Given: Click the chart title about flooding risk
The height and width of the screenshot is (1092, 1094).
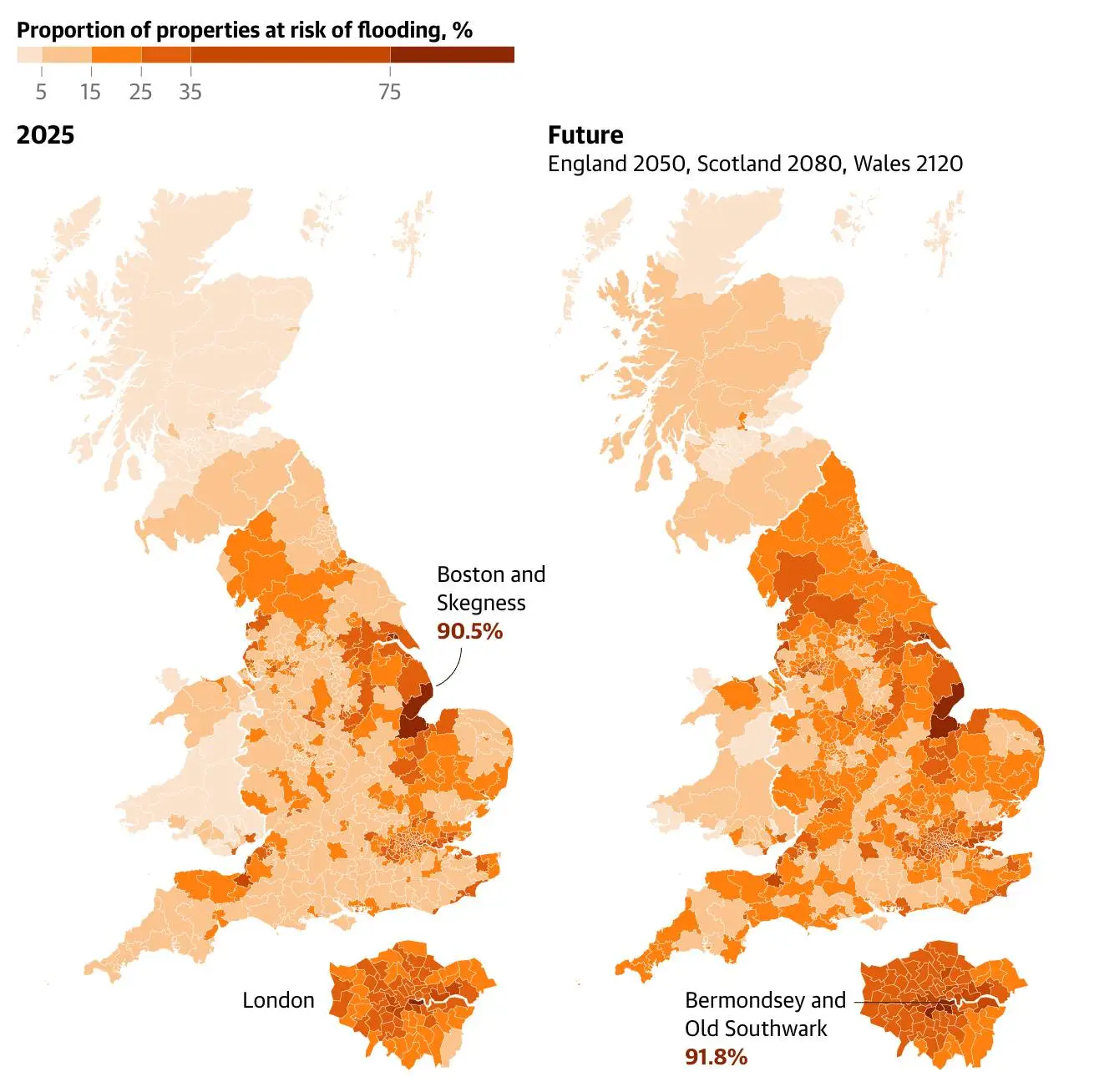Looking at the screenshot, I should [244, 31].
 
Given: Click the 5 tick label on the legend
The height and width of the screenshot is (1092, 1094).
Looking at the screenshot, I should [41, 92].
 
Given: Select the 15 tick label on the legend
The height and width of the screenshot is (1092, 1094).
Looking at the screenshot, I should [90, 92].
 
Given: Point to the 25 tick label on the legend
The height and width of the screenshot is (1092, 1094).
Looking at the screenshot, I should [140, 92].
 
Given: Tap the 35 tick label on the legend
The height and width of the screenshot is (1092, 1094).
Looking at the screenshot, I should [190, 92].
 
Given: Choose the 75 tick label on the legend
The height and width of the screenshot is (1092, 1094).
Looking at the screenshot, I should [390, 92].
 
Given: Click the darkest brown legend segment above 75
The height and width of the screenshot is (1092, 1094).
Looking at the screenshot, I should [452, 55].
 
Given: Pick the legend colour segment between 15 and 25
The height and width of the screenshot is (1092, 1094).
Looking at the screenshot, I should [116, 55].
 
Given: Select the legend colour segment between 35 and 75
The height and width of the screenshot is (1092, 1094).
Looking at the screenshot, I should [290, 55].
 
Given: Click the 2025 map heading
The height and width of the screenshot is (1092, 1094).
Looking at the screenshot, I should [45, 135].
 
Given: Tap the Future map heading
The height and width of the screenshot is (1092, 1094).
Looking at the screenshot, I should [585, 135].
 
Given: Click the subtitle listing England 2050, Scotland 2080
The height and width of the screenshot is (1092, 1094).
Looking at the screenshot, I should [755, 164].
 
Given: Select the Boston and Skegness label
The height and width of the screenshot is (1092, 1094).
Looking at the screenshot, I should [490, 589].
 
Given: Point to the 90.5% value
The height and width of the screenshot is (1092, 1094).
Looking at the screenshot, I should [469, 631].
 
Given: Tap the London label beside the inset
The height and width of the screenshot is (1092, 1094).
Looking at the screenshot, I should [278, 1000].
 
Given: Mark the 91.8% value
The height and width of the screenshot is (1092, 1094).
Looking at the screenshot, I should [716, 1057].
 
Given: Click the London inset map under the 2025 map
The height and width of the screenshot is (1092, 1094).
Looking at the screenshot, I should [412, 1002].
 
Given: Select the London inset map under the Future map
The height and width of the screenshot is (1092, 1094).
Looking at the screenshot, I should [944, 1002].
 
